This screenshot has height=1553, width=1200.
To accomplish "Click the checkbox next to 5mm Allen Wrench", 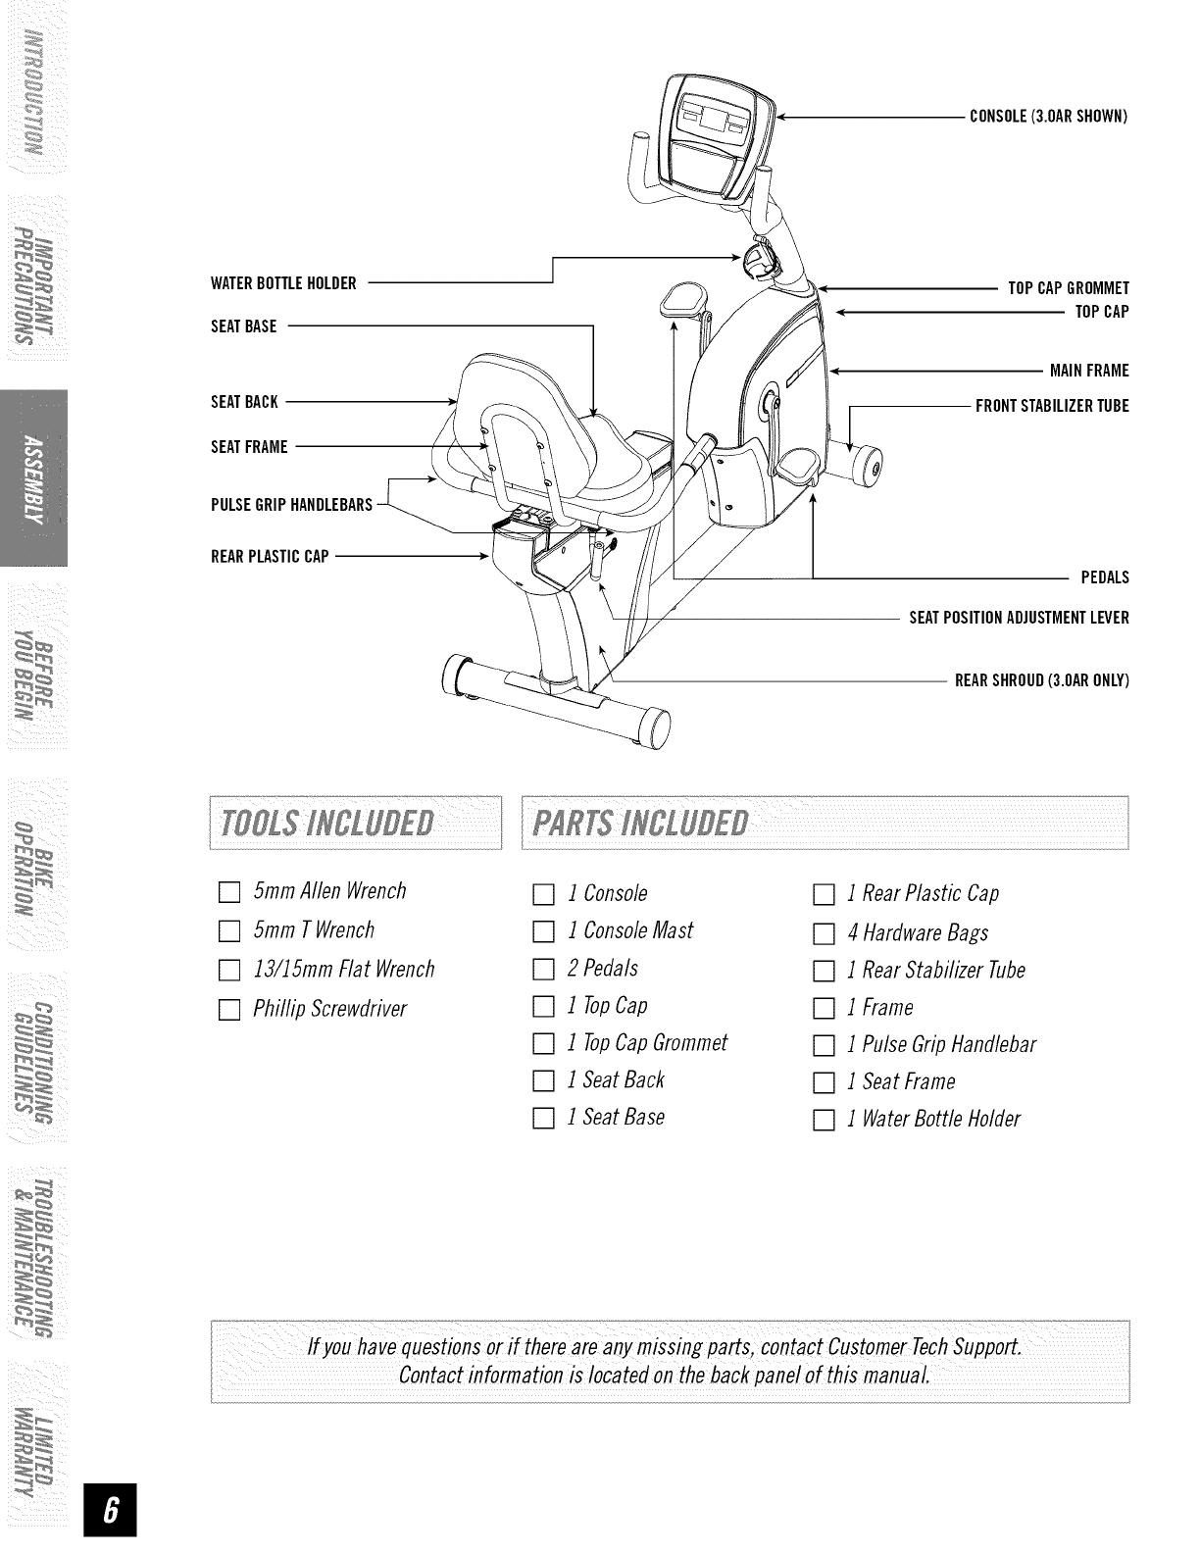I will tap(228, 893).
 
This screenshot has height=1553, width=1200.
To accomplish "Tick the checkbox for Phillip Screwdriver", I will tap(228, 1010).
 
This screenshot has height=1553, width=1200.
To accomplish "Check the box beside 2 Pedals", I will tap(543, 971).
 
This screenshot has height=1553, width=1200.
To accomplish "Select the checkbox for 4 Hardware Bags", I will tap(824, 933).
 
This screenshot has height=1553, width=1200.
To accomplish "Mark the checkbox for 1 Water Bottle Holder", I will tap(824, 1120).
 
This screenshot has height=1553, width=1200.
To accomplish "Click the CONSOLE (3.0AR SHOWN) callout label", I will tap(1049, 117).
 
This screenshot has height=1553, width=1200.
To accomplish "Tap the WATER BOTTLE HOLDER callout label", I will tap(283, 284).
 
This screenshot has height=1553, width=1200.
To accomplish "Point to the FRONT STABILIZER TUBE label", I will tap(1052, 406).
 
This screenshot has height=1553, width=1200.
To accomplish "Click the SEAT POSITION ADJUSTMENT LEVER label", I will tap(1019, 619).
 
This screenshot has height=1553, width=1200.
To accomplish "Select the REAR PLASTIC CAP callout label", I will tap(270, 557).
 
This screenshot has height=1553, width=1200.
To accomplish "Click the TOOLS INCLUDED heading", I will tap(327, 823).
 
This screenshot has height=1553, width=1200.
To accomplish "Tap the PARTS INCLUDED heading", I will tap(639, 823).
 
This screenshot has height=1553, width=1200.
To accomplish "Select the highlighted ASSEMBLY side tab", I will tap(33, 477).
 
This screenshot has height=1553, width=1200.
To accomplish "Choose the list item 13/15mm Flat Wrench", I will tap(343, 971).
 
